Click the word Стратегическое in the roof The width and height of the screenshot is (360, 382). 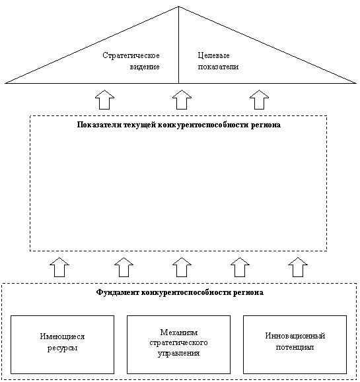click(x=131, y=55)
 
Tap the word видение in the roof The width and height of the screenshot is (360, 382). click(x=145, y=67)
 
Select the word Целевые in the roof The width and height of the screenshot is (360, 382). click(x=213, y=55)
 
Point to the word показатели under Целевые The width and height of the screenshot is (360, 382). click(x=218, y=67)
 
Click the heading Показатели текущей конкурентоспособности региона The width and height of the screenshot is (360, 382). click(x=179, y=125)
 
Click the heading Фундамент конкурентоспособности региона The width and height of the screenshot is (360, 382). click(x=180, y=292)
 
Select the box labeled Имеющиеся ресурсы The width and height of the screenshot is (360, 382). click(x=63, y=344)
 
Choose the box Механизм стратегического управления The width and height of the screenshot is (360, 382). click(x=178, y=344)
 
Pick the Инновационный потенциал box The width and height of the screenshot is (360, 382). click(x=295, y=344)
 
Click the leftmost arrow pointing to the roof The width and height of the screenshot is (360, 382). click(x=104, y=100)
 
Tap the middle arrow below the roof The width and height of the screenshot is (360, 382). click(x=182, y=100)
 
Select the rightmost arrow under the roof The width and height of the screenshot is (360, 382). click(x=260, y=100)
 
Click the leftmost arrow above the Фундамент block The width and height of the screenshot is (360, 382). click(x=59, y=267)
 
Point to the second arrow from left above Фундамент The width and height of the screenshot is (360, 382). click(x=124, y=267)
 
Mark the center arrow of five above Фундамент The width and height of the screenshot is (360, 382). click(x=182, y=267)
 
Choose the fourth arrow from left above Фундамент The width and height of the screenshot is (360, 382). click(x=240, y=267)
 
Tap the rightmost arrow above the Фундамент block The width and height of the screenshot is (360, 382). click(x=298, y=267)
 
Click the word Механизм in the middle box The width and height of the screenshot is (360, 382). click(x=179, y=333)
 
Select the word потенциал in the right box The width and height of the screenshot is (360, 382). click(x=295, y=347)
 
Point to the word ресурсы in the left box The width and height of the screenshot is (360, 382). click(x=63, y=348)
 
